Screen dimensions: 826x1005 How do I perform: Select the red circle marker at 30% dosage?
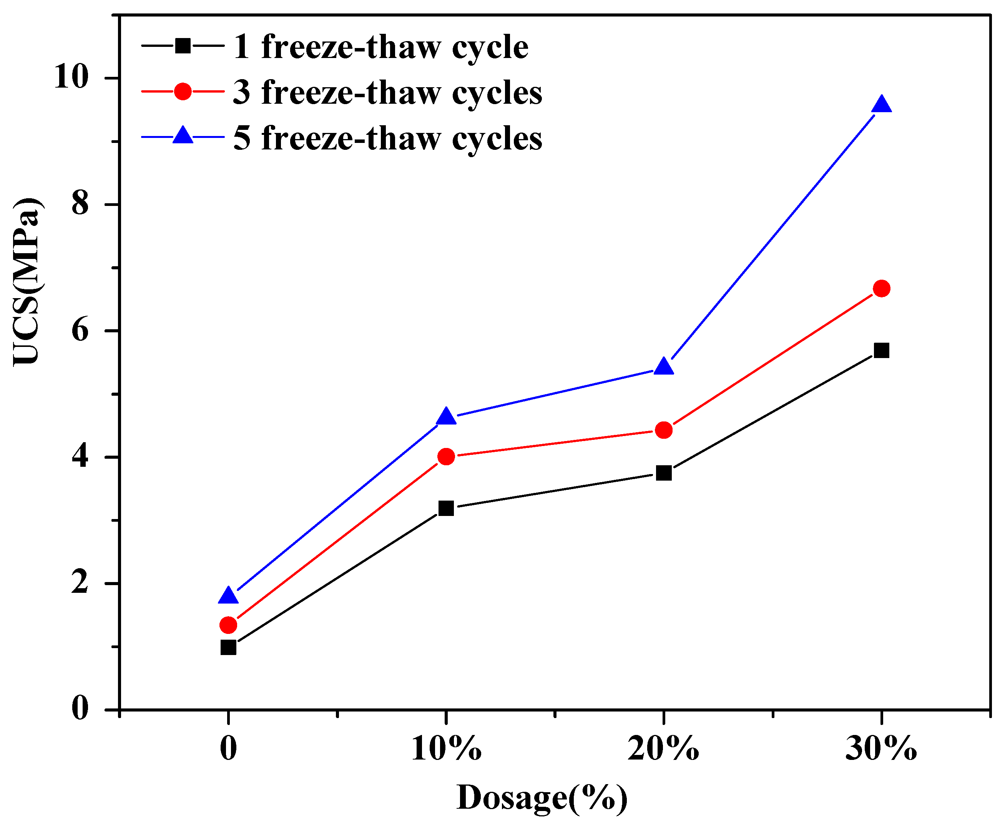point(881,289)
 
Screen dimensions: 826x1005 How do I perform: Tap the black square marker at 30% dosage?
point(881,350)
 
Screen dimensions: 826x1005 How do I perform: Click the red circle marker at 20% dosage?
point(663,430)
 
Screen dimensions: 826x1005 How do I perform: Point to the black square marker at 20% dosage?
point(663,473)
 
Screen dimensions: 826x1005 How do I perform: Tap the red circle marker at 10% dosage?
point(446,457)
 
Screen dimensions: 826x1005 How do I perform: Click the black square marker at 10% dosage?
point(446,508)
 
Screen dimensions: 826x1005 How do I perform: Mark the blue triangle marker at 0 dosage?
point(228,596)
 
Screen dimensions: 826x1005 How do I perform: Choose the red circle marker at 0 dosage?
point(228,625)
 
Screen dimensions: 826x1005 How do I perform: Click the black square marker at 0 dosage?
point(228,648)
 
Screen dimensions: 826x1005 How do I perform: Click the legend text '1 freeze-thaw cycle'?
point(381,47)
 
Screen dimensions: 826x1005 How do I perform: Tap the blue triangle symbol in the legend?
point(183,136)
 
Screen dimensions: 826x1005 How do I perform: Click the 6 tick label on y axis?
point(80,330)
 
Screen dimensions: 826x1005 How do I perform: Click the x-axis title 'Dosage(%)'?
point(542,798)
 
